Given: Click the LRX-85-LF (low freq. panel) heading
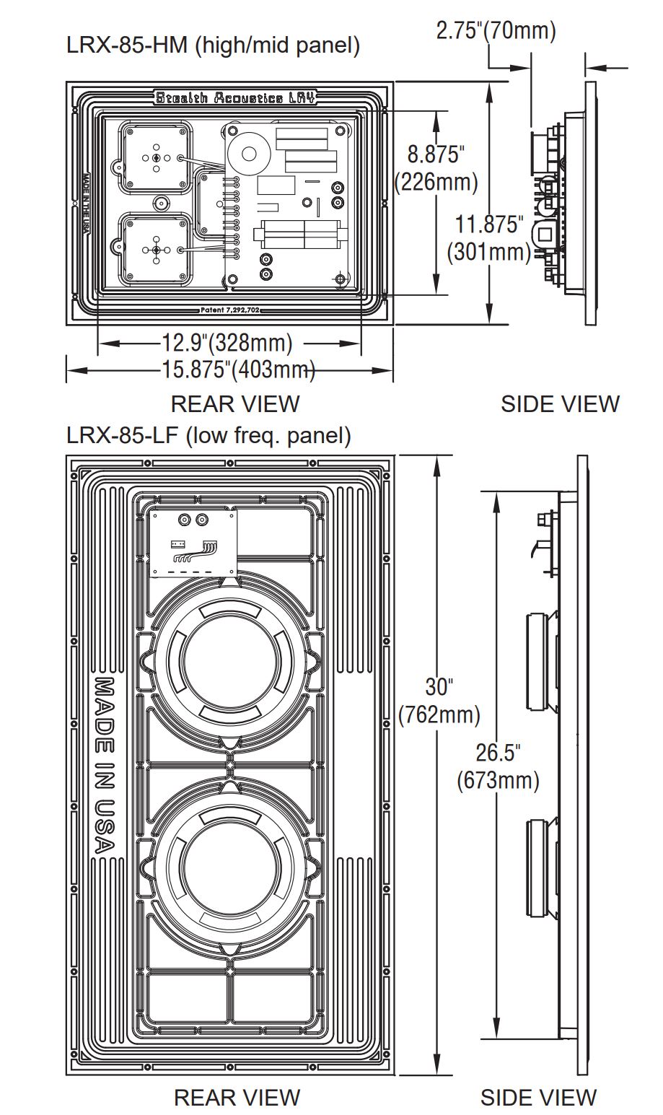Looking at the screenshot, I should pos(208,435).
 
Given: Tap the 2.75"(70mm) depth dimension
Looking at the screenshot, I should pos(496,31).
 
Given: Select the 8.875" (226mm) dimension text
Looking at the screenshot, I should pos(436,167).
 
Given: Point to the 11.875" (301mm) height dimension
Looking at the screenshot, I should pos(489,237).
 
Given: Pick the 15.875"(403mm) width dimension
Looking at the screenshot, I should pos(238,370).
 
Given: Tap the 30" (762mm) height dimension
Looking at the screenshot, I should pos(439,699).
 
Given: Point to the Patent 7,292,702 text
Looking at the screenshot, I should pos(230,310).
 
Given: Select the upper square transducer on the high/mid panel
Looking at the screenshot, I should pos(157,157).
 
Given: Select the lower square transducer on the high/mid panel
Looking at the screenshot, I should pos(157,250).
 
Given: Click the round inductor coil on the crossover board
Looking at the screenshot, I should pos(250,153).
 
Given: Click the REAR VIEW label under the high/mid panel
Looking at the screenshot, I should pos(234,403).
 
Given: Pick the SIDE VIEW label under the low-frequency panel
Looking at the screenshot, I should pos(538,1098).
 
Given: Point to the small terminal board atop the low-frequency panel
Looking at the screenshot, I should pos(193,542).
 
